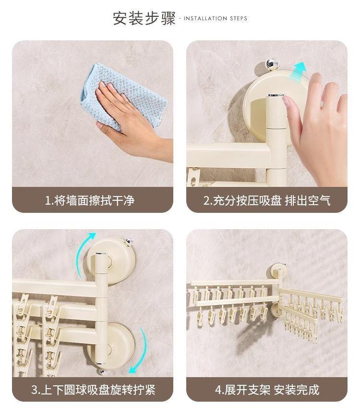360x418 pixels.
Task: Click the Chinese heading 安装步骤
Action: pyautogui.click(x=144, y=18)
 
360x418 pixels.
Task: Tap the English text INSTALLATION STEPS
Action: pyautogui.click(x=216, y=18)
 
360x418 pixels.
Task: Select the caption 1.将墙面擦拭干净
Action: pyautogui.click(x=90, y=200)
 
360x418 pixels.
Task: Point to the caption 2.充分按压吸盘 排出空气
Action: pyautogui.click(x=267, y=200)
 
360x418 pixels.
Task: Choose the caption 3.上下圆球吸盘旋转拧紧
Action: pyautogui.click(x=93, y=390)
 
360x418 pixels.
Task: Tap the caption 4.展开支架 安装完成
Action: pyautogui.click(x=267, y=390)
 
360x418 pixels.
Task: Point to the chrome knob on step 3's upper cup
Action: pyautogui.click(x=129, y=242)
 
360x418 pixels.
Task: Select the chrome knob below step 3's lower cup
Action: pyautogui.click(x=102, y=371)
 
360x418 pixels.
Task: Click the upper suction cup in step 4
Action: pyautogui.click(x=278, y=270)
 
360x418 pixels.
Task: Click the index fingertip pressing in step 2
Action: pyautogui.click(x=286, y=100)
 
